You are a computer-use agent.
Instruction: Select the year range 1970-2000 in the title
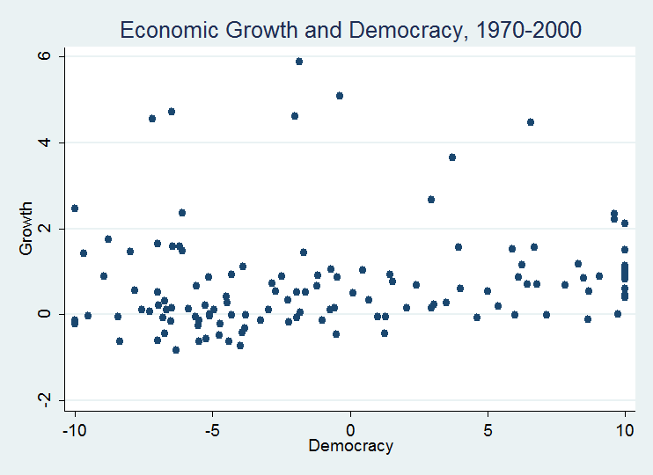[532, 30]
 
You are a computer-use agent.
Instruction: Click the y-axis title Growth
[26, 229]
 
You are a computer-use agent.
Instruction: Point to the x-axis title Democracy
[350, 446]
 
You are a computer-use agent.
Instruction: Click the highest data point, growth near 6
[299, 62]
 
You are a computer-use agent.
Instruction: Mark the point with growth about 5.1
[340, 96]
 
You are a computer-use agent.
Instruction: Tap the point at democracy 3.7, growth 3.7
[452, 157]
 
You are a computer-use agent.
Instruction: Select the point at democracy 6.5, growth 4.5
[531, 122]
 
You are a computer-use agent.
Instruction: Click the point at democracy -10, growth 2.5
[75, 208]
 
